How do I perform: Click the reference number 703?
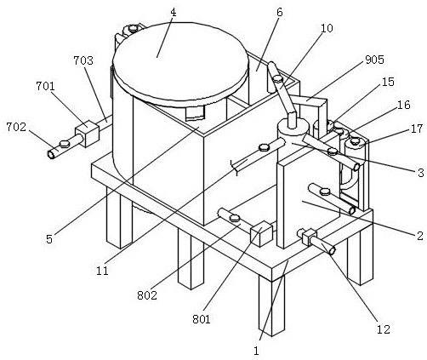pyautogui.click(x=83, y=60)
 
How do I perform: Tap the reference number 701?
pyautogui.click(x=45, y=86)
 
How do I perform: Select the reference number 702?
pyautogui.click(x=16, y=127)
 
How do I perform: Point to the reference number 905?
pyautogui.click(x=374, y=60)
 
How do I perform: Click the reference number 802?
pyautogui.click(x=147, y=295)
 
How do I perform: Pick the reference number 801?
pyautogui.click(x=202, y=319)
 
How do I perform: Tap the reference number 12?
pyautogui.click(x=384, y=329)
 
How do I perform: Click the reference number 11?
pyautogui.click(x=102, y=271)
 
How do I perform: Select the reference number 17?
pyautogui.click(x=417, y=129)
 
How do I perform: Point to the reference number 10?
pyautogui.click(x=327, y=28)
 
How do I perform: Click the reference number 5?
pyautogui.click(x=49, y=239)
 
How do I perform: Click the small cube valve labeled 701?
pyautogui.click(x=87, y=134)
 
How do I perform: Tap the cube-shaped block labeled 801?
pyautogui.click(x=261, y=233)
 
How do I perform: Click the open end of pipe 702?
pyautogui.click(x=51, y=155)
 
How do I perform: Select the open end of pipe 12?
pyautogui.click(x=332, y=250)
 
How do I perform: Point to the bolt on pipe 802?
pyautogui.click(x=235, y=218)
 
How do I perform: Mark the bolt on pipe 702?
pyautogui.click(x=65, y=144)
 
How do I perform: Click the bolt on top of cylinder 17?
pyautogui.click(x=355, y=140)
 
